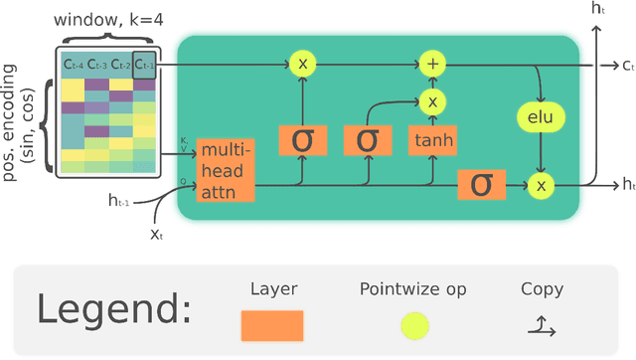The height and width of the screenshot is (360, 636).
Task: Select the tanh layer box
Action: pyautogui.click(x=431, y=140)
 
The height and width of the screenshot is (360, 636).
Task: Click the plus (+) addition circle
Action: pyautogui.click(x=431, y=64)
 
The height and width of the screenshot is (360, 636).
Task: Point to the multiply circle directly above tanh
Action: pyautogui.click(x=431, y=100)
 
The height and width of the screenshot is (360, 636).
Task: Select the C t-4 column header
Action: pyautogui.click(x=73, y=65)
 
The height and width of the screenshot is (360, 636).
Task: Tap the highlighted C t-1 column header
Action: pyautogui.click(x=144, y=65)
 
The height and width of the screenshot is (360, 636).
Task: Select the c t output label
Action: pyautogui.click(x=628, y=65)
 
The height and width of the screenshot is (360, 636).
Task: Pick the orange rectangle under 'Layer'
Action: pyautogui.click(x=272, y=325)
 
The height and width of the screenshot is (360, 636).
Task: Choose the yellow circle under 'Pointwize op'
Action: pyautogui.click(x=414, y=325)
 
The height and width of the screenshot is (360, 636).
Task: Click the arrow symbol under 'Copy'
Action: pyautogui.click(x=542, y=324)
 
